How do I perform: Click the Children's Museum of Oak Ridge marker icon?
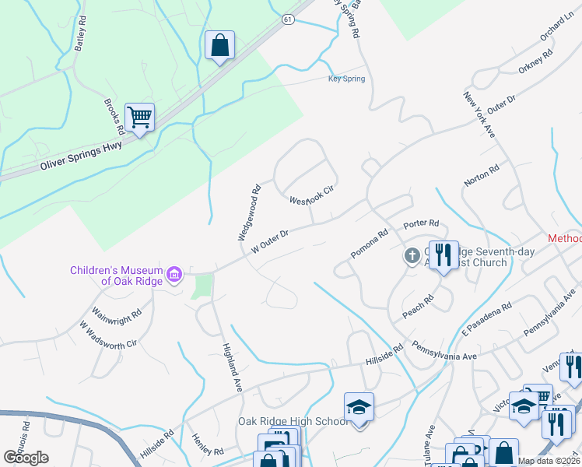tap(174, 273)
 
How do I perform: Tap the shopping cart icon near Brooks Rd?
tap(140, 118)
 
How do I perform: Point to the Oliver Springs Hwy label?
tap(82, 156)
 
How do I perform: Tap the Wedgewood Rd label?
tap(248, 212)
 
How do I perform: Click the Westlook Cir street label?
tap(311, 195)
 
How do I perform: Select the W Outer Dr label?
tap(270, 240)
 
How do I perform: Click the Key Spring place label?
tap(346, 79)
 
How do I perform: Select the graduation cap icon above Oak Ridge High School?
tap(359, 407)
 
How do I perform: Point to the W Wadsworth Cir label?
tap(108, 332)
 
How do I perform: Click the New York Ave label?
tap(479, 118)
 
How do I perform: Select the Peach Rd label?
tap(417, 307)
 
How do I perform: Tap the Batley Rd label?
tap(79, 35)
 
